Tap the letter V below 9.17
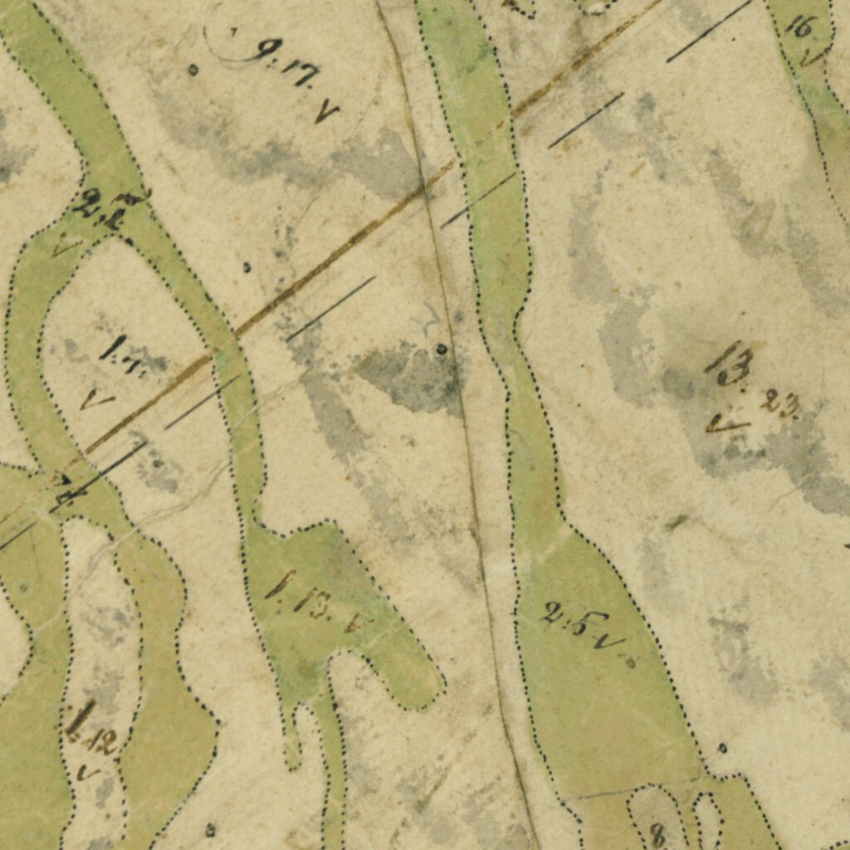click(325, 112)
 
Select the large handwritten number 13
click(730, 364)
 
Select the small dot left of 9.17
click(193, 70)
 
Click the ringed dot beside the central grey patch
click(442, 349)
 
